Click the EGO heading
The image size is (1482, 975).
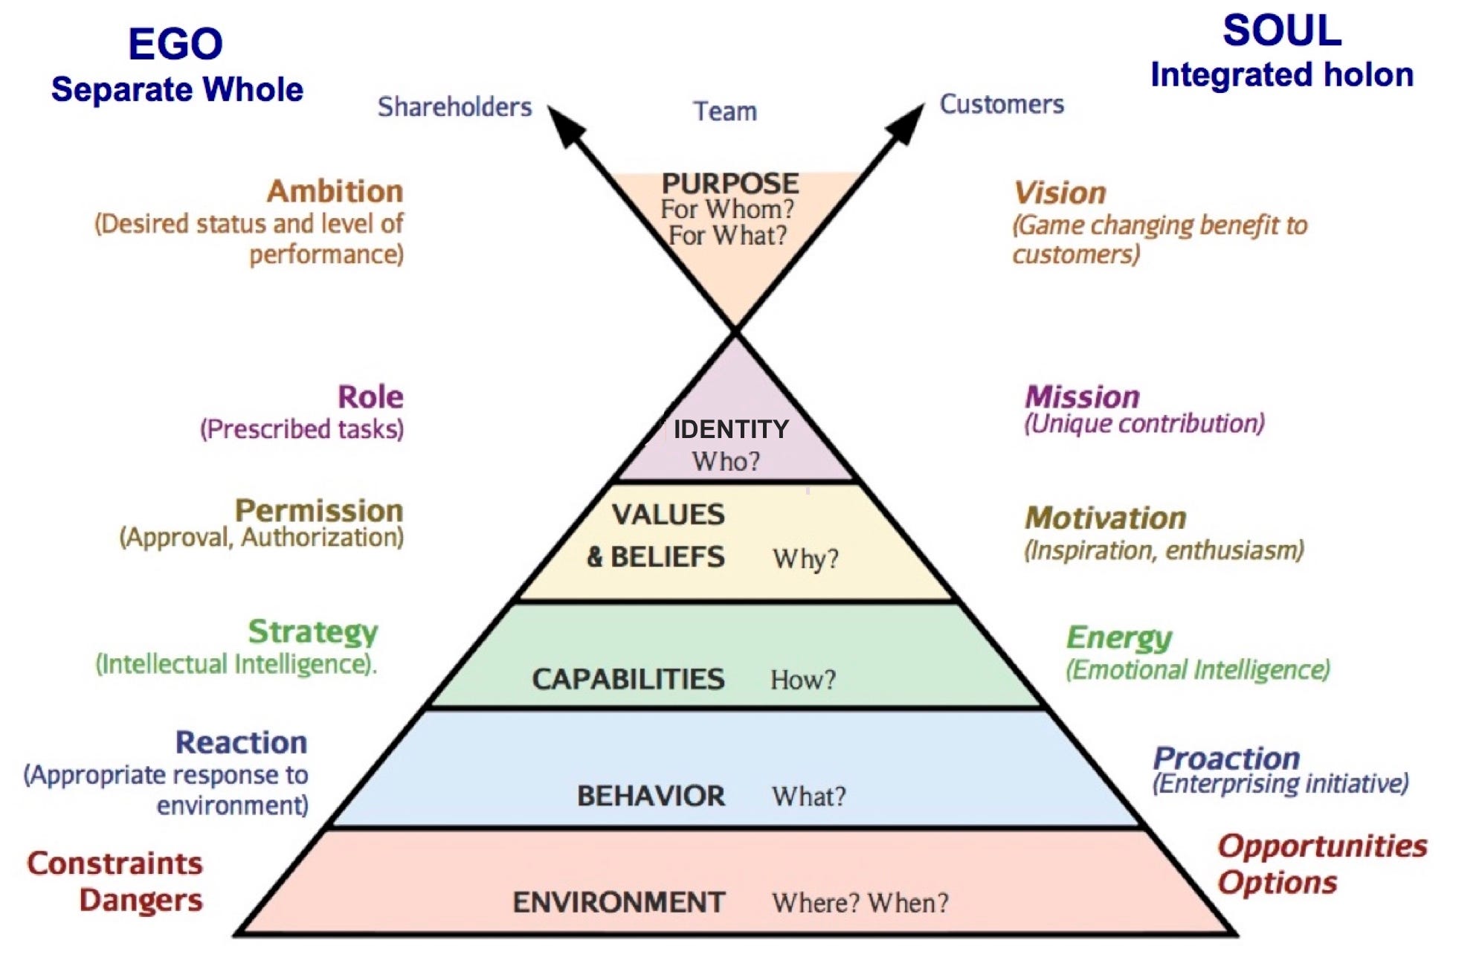point(175,44)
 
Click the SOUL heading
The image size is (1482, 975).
point(1282,31)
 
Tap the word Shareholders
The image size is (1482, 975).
point(454,107)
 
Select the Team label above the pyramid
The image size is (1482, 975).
point(725,112)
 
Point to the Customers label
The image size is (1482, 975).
point(1002,104)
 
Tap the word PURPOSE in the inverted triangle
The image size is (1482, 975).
point(730,184)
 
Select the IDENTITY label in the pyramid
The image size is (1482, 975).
point(730,429)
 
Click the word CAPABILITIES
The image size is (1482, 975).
point(628,679)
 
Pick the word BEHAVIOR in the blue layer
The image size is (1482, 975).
point(651,797)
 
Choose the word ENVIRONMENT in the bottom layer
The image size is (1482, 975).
point(619,903)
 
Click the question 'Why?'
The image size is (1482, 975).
point(805,559)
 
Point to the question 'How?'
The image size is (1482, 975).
point(803,680)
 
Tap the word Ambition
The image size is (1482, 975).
point(335,191)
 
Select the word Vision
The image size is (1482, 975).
point(1060,193)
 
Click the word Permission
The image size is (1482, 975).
point(319,511)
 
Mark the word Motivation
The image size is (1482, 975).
point(1105,518)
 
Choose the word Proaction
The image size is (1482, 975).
point(1226,758)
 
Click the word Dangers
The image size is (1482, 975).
point(141,900)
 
